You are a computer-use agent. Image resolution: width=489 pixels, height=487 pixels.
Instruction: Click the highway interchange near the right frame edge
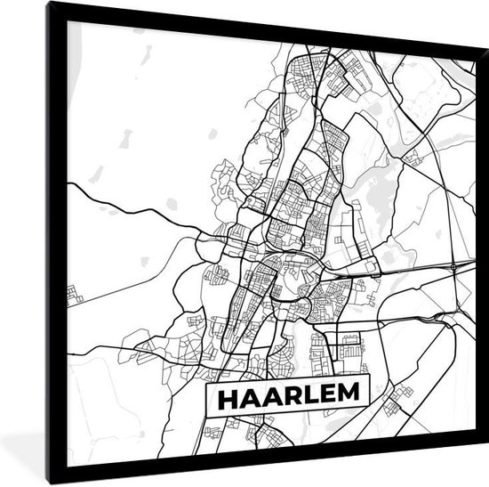(x=454, y=265)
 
